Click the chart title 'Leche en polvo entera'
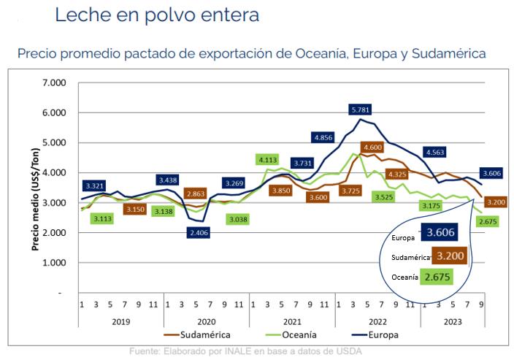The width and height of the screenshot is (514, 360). (x=157, y=15)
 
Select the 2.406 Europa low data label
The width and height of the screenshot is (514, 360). (x=199, y=233)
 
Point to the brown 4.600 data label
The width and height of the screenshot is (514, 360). (x=372, y=148)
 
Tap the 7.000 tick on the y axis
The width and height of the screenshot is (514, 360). (x=54, y=83)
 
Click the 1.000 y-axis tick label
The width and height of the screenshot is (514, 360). (x=54, y=263)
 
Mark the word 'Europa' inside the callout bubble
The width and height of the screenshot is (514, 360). (x=403, y=238)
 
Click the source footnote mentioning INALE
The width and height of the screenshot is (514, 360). (x=245, y=351)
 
